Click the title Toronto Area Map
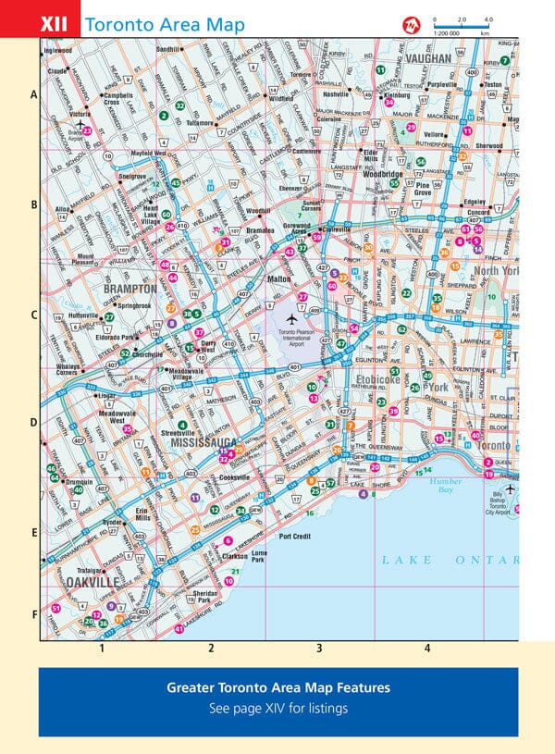[165, 25]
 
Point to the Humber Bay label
[445, 486]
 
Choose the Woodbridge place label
[383, 174]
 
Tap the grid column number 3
[319, 649]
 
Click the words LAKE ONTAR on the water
[450, 561]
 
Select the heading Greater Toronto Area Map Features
[277, 688]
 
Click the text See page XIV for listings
[277, 709]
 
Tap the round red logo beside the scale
[411, 24]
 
